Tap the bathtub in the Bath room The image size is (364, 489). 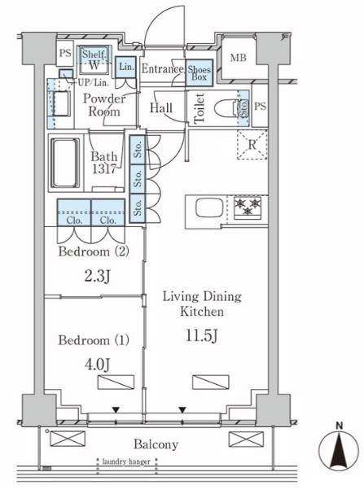(x=65, y=163)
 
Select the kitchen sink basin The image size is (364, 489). (x=209, y=207)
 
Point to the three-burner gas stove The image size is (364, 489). (x=248, y=207)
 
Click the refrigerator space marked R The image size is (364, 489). (x=252, y=144)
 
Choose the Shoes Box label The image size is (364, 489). (x=200, y=73)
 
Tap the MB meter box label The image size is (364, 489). (x=239, y=58)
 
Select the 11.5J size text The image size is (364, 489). (x=202, y=336)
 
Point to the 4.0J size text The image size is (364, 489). (x=97, y=364)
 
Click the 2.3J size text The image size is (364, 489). (x=97, y=276)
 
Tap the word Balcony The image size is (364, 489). (x=156, y=444)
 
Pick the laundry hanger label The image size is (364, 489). (x=126, y=461)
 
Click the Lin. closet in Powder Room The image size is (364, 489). (x=126, y=67)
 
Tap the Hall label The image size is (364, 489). (x=161, y=108)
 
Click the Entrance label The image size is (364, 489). (x=162, y=69)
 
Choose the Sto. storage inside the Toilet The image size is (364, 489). (x=243, y=107)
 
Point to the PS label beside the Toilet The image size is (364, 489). (x=260, y=107)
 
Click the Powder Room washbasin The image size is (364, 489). (x=61, y=103)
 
